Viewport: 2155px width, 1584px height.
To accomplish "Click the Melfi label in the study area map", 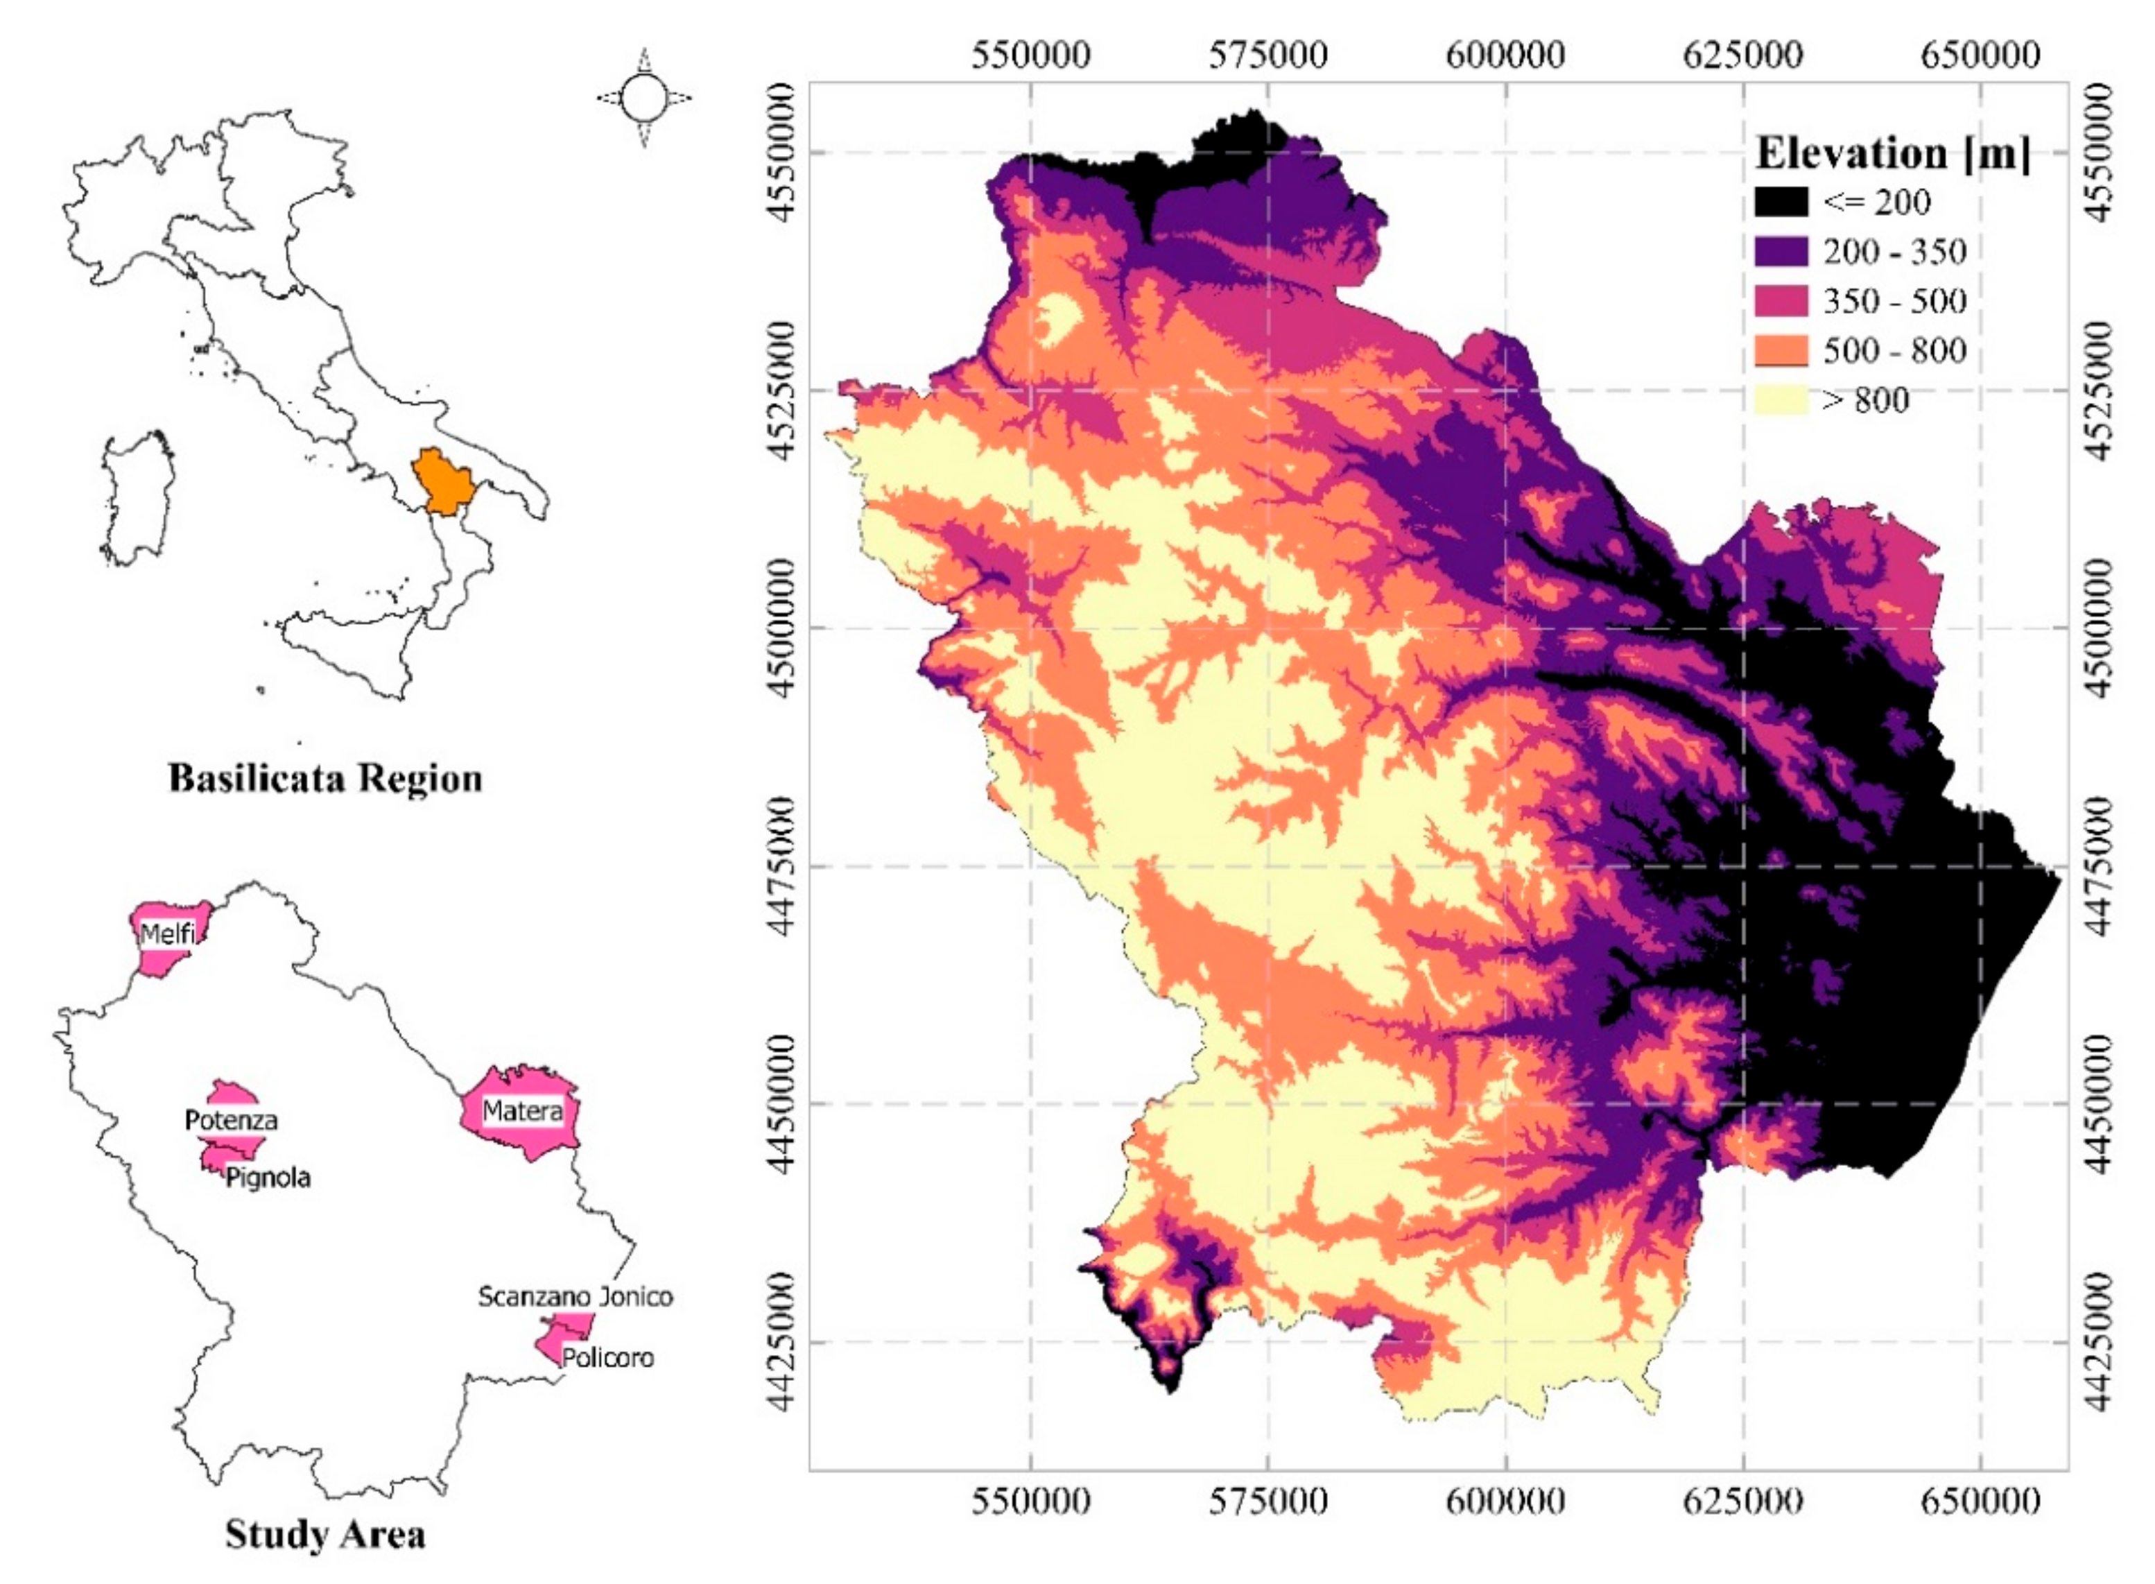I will [168, 933].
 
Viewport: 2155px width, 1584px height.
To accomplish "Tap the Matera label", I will [522, 1111].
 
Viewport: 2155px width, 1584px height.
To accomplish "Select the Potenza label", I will [231, 1120].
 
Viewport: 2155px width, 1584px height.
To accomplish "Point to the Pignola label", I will [268, 1178].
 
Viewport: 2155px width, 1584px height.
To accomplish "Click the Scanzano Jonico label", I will [575, 1296].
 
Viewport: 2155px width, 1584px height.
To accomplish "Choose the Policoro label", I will [608, 1358].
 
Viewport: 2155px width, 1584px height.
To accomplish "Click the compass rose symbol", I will [644, 98].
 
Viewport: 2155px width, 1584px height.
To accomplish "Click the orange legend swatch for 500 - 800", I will [1781, 351].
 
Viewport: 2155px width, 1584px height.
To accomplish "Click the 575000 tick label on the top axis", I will [1267, 55].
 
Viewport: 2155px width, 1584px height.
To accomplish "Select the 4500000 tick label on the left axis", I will [784, 628].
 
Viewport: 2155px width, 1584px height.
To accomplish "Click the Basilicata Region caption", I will [325, 777].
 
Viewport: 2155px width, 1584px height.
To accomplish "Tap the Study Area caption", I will [325, 1534].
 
